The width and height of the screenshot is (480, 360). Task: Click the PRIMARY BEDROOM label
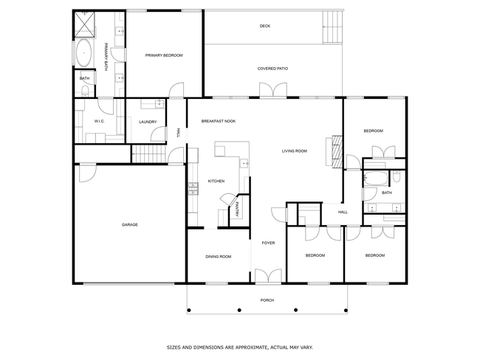[164, 55]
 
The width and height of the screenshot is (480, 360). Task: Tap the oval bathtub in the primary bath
[83, 53]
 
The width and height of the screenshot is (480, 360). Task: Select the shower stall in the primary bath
[85, 24]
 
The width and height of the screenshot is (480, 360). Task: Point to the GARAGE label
[130, 225]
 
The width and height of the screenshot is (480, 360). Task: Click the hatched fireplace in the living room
[337, 151]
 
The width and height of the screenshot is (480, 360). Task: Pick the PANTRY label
[237, 210]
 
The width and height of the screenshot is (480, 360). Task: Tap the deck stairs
[332, 27]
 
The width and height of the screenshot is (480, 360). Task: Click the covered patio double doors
[273, 90]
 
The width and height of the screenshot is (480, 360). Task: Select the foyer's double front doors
[268, 276]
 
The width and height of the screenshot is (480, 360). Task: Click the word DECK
[265, 26]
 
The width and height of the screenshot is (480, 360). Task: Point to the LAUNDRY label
[148, 122]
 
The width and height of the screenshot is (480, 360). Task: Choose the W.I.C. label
[100, 121]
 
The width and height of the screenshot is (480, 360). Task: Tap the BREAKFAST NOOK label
[219, 121]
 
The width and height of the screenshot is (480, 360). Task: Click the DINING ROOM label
[219, 257]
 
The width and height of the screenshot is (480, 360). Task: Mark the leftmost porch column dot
[189, 310]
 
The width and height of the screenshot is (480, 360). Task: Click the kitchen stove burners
[193, 189]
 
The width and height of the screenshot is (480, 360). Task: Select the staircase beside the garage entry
[148, 154]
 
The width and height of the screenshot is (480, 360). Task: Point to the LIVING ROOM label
[294, 150]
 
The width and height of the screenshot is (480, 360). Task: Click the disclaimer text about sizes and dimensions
[240, 347]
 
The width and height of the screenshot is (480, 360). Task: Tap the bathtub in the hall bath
[375, 179]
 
